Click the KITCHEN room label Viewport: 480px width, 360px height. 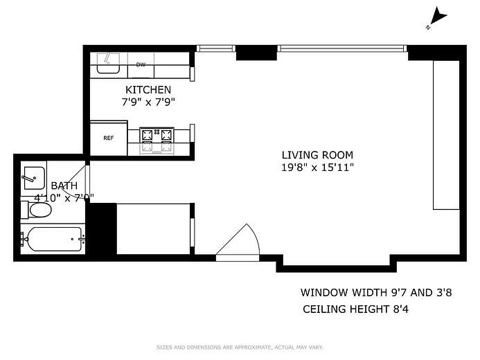pos(148,90)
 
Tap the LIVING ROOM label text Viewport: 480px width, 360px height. pos(317,155)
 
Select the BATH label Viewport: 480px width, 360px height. pos(64,186)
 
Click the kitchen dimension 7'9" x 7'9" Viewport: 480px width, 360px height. pos(148,102)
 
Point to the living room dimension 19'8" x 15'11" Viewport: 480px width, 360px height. pos(317,167)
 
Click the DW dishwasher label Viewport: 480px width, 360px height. pos(141,64)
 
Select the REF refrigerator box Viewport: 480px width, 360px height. pos(109,138)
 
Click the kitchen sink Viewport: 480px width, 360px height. pos(107,64)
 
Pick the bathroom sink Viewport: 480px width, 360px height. pos(33,177)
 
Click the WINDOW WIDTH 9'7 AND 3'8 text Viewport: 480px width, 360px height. pos(375,292)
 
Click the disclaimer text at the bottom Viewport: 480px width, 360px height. pos(240,348)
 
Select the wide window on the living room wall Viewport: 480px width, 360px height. pos(341,48)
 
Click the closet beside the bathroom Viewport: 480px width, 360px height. pos(153,228)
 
